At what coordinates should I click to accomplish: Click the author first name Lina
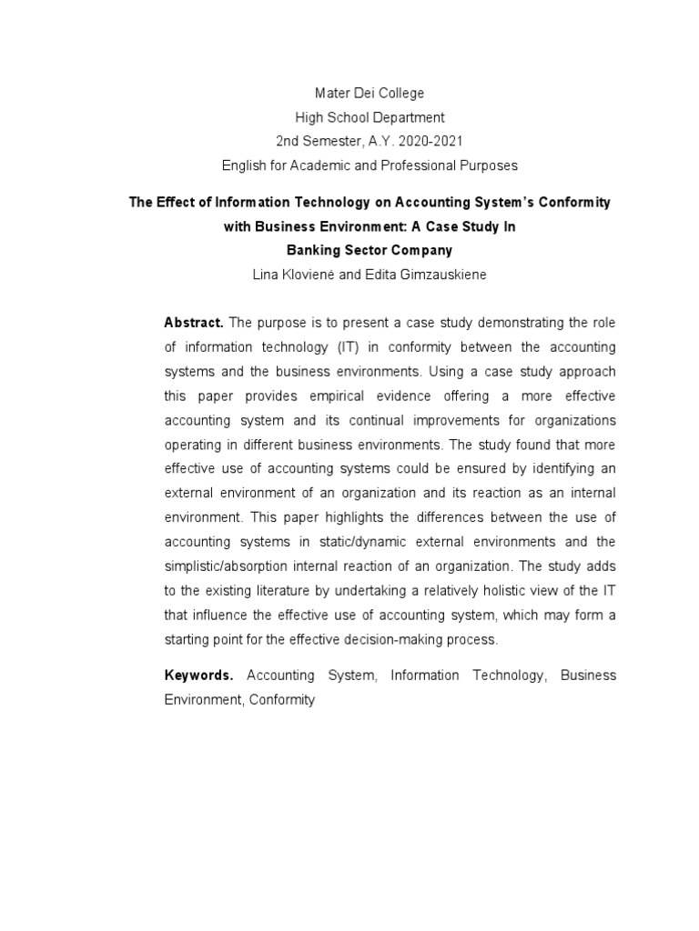[x=277, y=274]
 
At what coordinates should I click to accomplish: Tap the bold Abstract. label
[x=193, y=323]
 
